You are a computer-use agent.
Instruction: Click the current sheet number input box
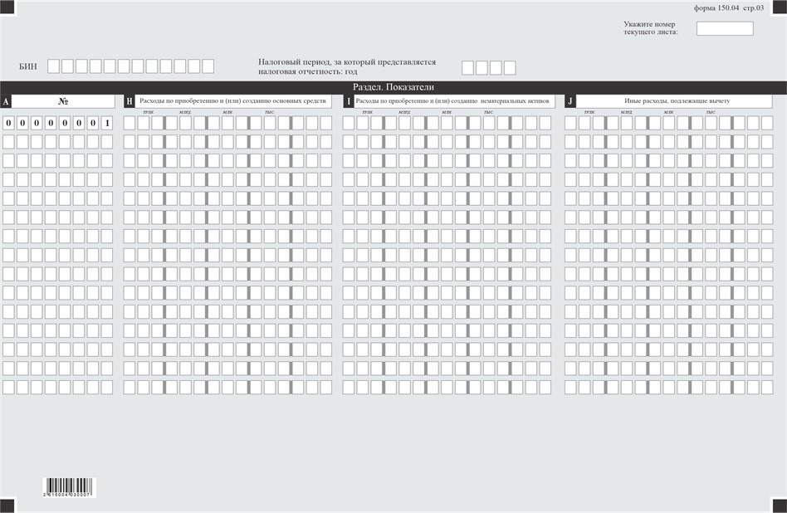tap(725, 28)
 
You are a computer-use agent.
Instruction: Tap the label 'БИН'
tap(28, 66)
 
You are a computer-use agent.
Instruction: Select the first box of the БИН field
tap(54, 66)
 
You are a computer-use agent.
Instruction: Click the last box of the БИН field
tap(208, 66)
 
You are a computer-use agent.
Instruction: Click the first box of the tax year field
tap(468, 67)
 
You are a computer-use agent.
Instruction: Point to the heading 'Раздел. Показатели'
tap(393, 87)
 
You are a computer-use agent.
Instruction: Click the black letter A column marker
tap(7, 101)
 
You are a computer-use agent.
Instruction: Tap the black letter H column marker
tap(130, 101)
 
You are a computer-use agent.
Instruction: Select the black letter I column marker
tap(349, 101)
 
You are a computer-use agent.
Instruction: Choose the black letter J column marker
tap(570, 101)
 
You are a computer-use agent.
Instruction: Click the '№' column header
tap(64, 101)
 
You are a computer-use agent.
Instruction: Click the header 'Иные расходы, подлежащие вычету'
tap(677, 101)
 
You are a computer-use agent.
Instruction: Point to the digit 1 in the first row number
tap(107, 124)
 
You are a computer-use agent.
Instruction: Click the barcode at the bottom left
tap(69, 487)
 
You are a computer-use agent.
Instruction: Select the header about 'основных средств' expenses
tap(232, 101)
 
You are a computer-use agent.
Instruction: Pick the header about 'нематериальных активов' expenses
tap(452, 101)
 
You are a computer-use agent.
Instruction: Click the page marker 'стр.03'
tap(754, 7)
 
